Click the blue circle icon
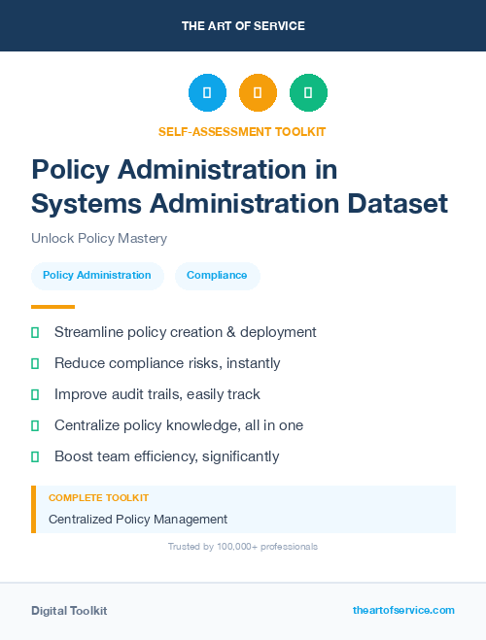(207, 92)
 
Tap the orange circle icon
(258, 92)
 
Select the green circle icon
(308, 92)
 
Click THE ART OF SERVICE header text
(243, 26)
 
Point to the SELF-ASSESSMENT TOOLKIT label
(243, 131)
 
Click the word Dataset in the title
(402, 204)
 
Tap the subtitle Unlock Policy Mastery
(99, 239)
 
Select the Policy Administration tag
(97, 276)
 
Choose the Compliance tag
(217, 276)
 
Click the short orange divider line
(47, 307)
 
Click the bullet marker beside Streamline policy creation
(35, 332)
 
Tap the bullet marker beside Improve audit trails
(35, 394)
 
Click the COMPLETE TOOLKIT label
(98, 498)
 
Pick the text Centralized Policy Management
(138, 520)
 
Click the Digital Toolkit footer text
(69, 611)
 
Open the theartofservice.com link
(403, 610)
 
